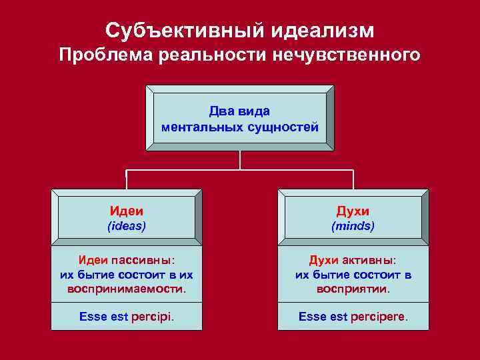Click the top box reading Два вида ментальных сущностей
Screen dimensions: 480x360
click(240, 118)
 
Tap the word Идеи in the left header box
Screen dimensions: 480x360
click(127, 211)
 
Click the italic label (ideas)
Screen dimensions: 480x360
click(127, 226)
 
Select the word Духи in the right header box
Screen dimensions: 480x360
click(353, 211)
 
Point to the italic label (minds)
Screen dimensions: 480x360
click(353, 226)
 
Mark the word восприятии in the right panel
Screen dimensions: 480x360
click(353, 289)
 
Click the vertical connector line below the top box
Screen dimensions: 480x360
click(240, 160)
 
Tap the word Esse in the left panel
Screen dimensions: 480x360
click(93, 317)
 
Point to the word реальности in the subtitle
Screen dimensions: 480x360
click(211, 55)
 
